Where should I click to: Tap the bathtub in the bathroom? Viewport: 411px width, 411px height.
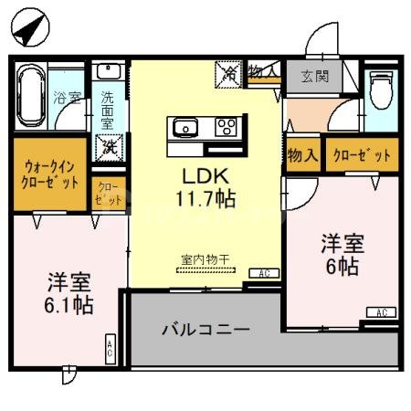tap(30, 97)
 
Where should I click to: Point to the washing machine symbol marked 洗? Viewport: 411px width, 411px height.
tap(110, 145)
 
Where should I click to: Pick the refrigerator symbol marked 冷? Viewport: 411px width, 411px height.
tap(227, 72)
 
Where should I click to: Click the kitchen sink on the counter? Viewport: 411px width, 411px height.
tap(185, 126)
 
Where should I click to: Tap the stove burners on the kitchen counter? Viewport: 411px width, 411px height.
tap(226, 126)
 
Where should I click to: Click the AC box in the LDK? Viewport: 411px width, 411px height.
tap(263, 273)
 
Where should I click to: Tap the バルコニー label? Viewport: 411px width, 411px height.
tap(206, 329)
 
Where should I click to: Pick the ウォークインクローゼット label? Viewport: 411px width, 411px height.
tap(51, 174)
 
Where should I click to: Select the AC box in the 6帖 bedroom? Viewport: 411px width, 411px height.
tap(380, 313)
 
